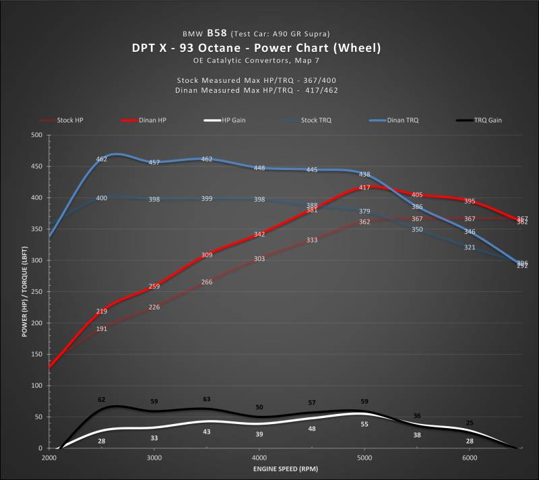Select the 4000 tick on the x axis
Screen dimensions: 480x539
pyautogui.click(x=259, y=458)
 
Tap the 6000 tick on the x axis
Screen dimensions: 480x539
pyautogui.click(x=470, y=458)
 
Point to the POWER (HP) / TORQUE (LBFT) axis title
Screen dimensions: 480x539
pyautogui.click(x=25, y=291)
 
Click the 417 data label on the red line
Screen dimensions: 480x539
pyautogui.click(x=364, y=187)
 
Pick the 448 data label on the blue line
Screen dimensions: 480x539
pyautogui.click(x=259, y=168)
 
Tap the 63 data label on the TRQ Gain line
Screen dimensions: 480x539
pyautogui.click(x=207, y=399)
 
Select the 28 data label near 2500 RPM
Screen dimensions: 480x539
pyautogui.click(x=102, y=440)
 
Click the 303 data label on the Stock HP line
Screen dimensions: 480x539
pyautogui.click(x=259, y=258)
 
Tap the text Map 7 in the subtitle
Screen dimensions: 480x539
pyautogui.click(x=305, y=61)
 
